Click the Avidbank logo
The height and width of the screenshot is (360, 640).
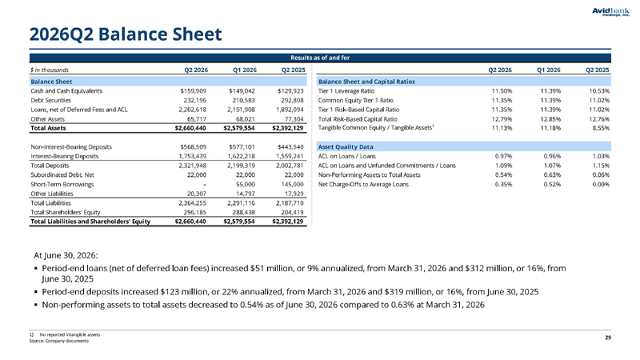pyautogui.click(x=610, y=12)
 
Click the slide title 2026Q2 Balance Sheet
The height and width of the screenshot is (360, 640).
pyautogui.click(x=126, y=34)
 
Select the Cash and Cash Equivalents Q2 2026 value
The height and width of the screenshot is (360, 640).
pyautogui.click(x=194, y=91)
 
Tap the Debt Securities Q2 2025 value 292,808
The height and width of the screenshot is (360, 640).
pyautogui.click(x=290, y=101)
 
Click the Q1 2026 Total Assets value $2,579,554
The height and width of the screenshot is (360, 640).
pyautogui.click(x=239, y=128)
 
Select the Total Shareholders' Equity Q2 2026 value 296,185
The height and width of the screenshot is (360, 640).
pyautogui.click(x=194, y=212)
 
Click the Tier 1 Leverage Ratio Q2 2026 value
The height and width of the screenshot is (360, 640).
pyautogui.click(x=502, y=91)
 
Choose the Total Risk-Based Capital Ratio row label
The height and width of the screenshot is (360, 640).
pyautogui.click(x=358, y=119)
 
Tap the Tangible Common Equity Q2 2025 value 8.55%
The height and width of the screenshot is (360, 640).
pyautogui.click(x=601, y=128)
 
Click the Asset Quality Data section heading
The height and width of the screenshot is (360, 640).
pyautogui.click(x=346, y=147)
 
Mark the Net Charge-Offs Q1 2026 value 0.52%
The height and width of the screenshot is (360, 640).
pyautogui.click(x=552, y=185)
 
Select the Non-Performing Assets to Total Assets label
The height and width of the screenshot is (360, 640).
pyautogui.click(x=369, y=175)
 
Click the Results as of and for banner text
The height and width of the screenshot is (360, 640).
pyautogui.click(x=320, y=58)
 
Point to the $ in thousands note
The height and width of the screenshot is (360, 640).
pyautogui.click(x=50, y=70)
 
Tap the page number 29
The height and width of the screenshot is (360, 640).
pyautogui.click(x=608, y=338)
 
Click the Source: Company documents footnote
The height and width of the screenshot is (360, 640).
pyautogui.click(x=58, y=341)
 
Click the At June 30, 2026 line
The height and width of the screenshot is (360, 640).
pyautogui.click(x=66, y=255)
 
